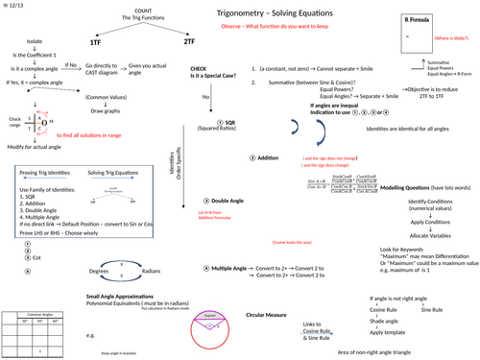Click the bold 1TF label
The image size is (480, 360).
point(95,43)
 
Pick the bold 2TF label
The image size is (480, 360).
point(187,43)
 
